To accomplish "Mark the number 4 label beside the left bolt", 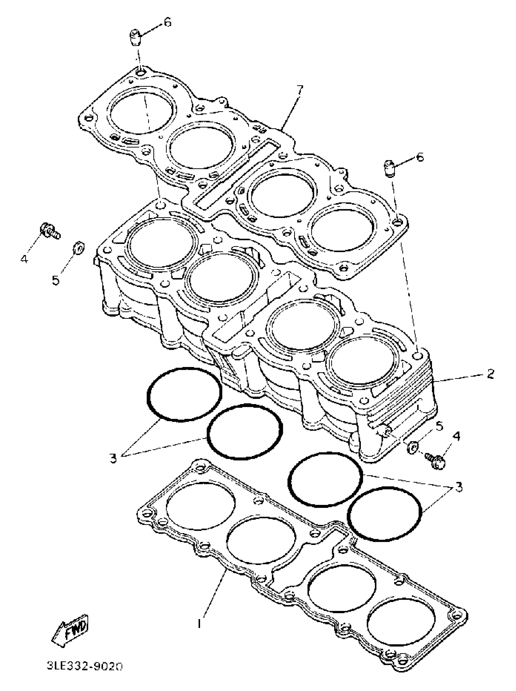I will coord(24,258).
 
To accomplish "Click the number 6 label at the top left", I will coord(168,23).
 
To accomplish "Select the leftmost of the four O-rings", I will coord(184,394).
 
